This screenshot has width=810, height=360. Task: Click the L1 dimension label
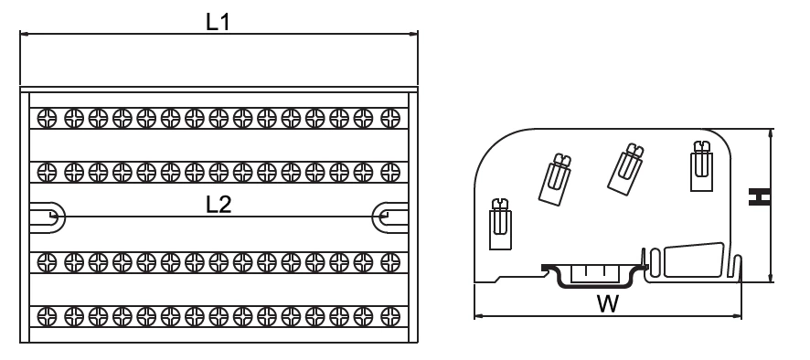pyautogui.click(x=218, y=23)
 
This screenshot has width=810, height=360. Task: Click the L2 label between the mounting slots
pyautogui.click(x=218, y=205)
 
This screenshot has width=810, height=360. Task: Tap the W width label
pyautogui.click(x=605, y=304)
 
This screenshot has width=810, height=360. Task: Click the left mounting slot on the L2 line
pyautogui.click(x=47, y=216)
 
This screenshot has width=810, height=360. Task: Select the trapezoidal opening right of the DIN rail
pyautogui.click(x=692, y=261)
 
